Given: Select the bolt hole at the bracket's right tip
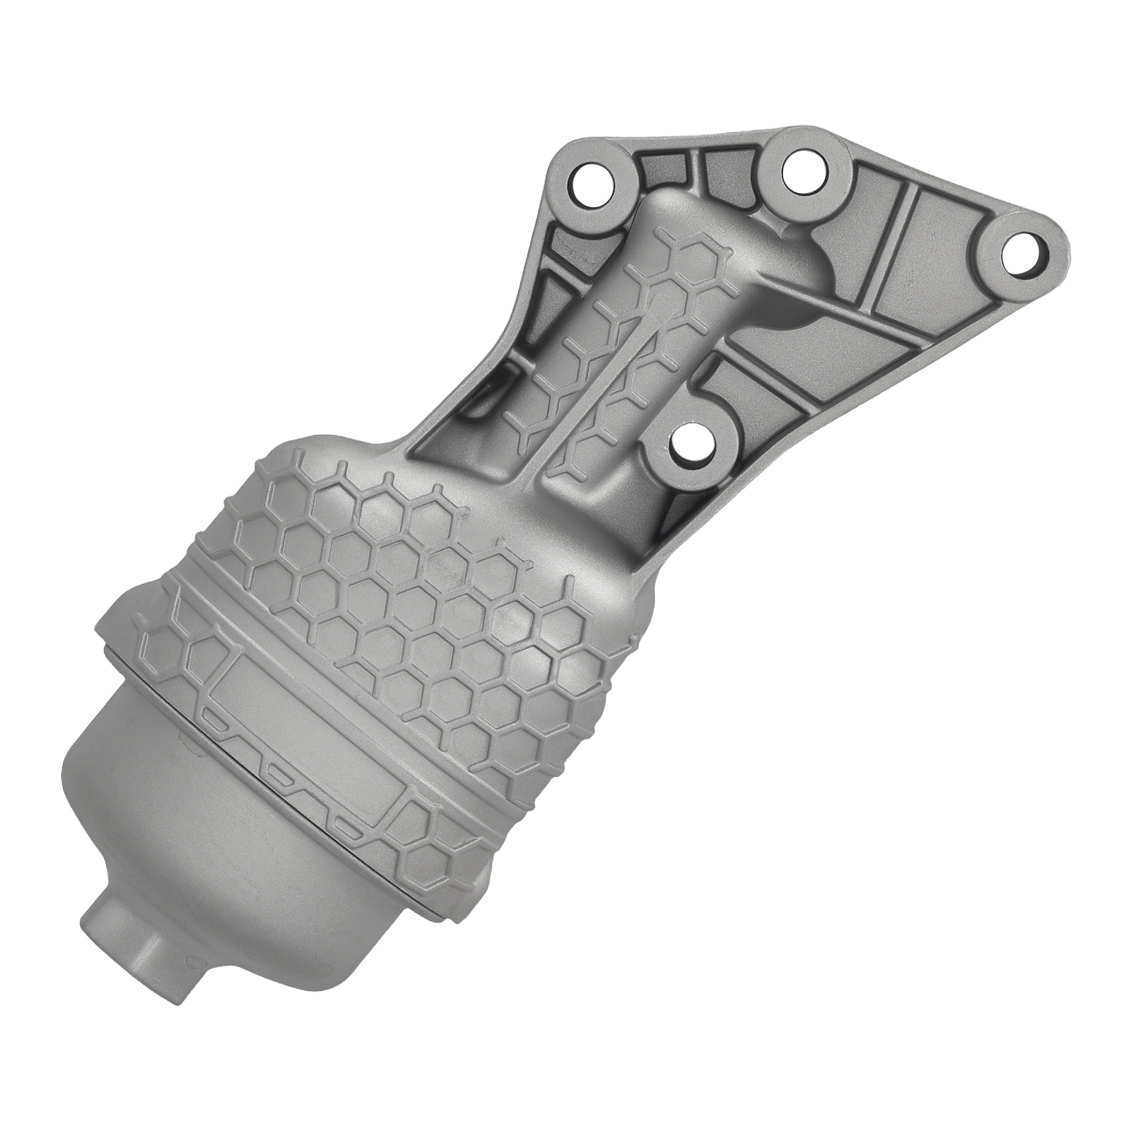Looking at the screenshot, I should (1022, 252).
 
